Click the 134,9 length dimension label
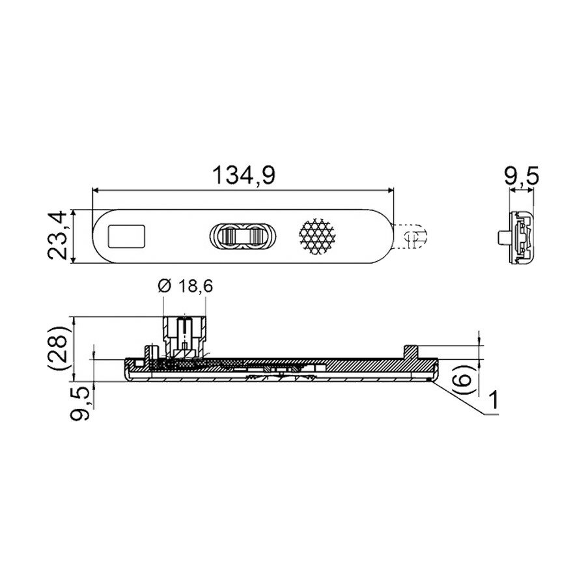(x=244, y=176)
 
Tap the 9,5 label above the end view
(x=522, y=176)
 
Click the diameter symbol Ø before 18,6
(x=165, y=286)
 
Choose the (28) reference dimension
(x=59, y=348)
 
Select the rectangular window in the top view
(x=127, y=236)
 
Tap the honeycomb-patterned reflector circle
(x=317, y=236)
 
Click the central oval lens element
(x=243, y=236)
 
